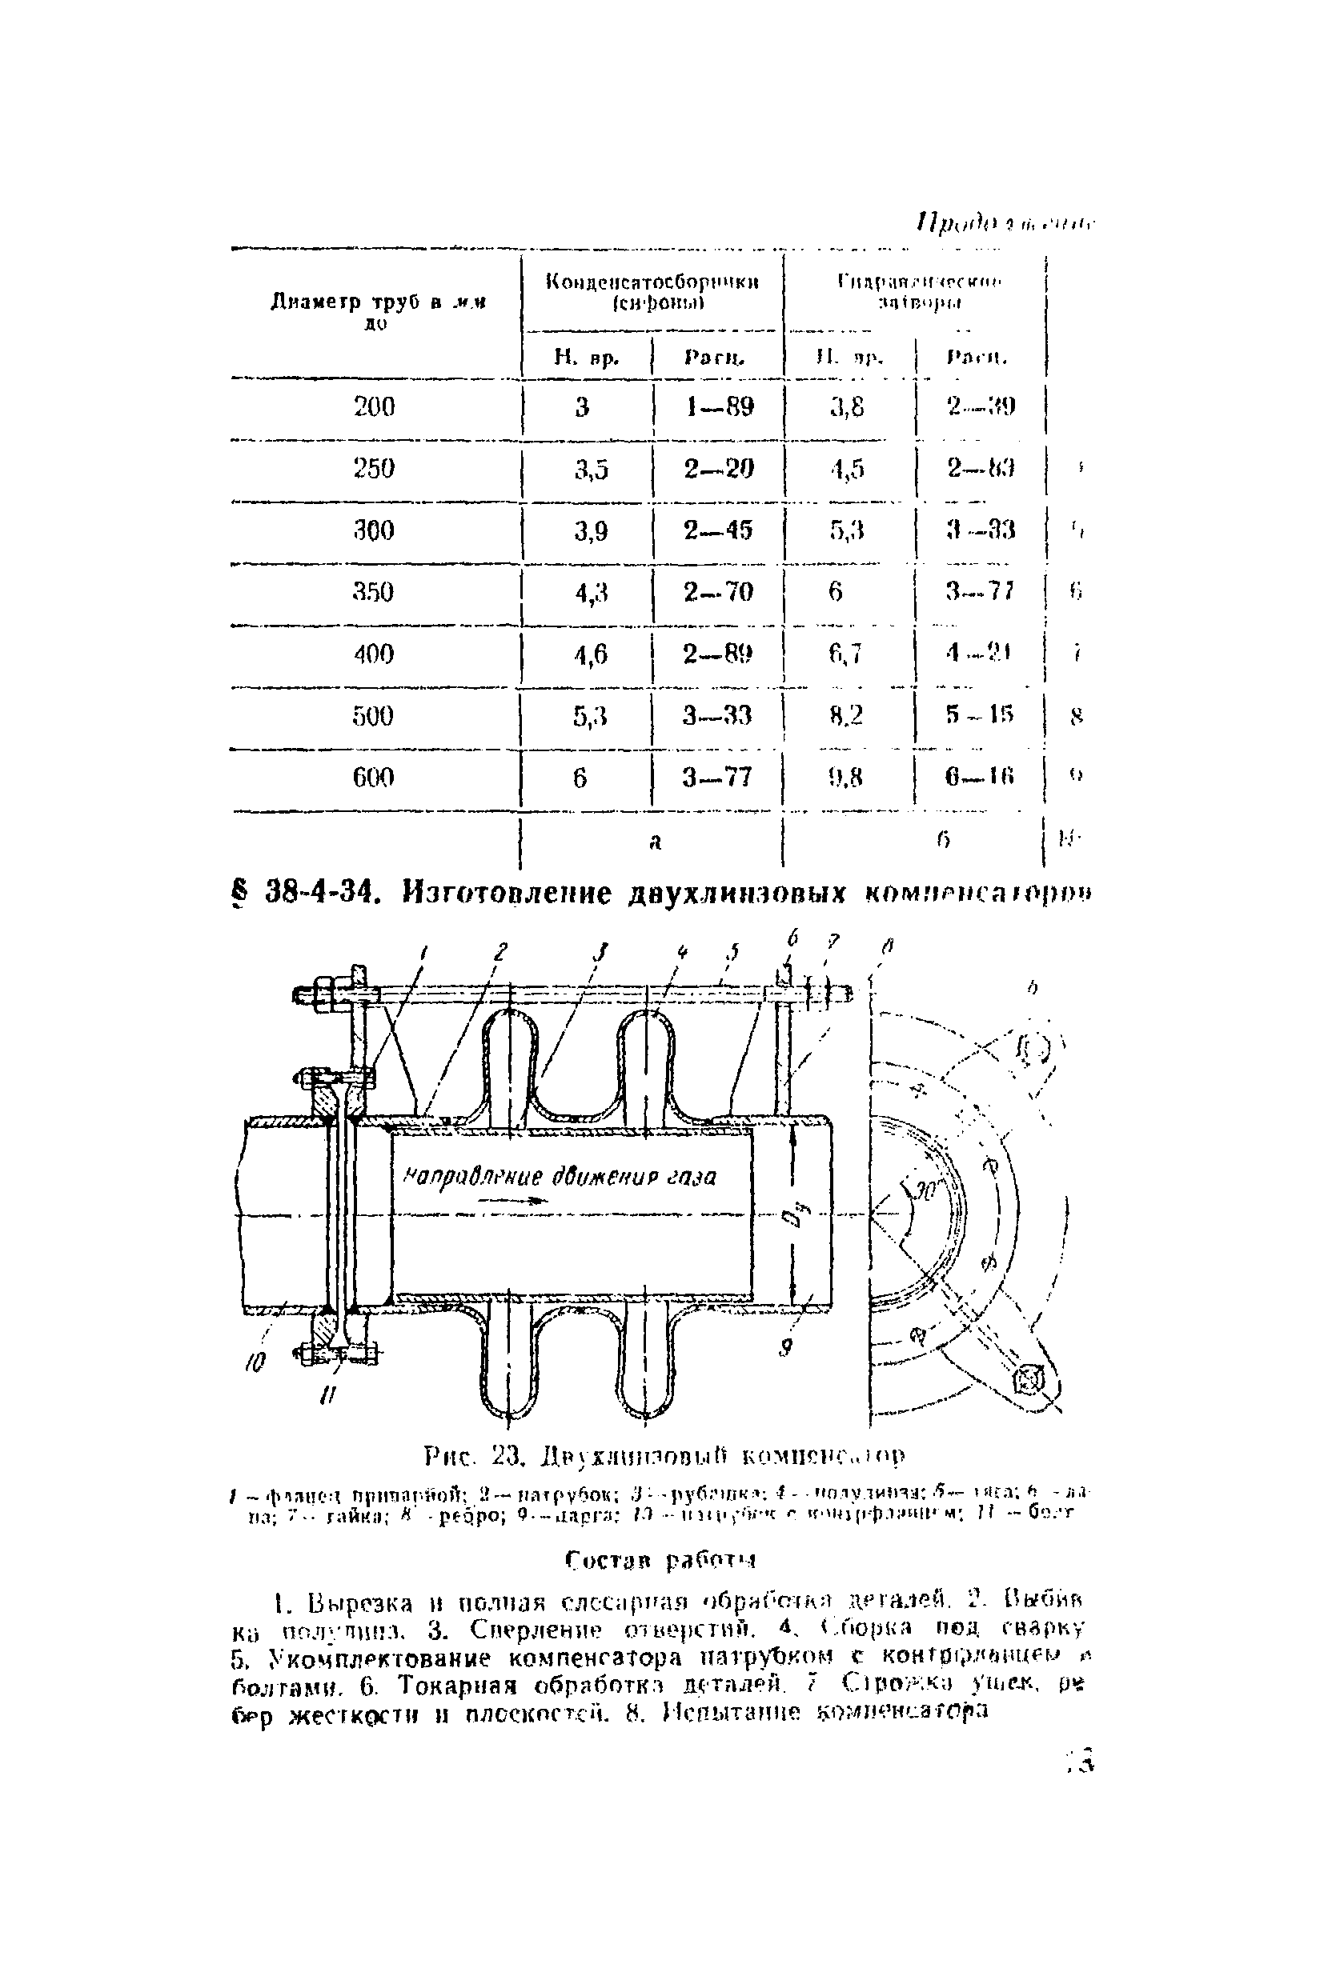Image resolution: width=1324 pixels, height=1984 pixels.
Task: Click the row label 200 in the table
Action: [374, 406]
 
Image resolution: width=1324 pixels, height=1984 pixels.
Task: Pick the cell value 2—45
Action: [718, 530]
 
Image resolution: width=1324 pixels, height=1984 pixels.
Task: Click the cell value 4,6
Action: [591, 654]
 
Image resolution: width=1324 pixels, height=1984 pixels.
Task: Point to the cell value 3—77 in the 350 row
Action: [980, 591]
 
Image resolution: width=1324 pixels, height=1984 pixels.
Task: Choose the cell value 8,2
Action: [845, 716]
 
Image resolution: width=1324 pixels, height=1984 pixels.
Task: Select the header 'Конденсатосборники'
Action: [652, 282]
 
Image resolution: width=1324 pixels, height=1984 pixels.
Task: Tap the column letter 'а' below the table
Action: [656, 841]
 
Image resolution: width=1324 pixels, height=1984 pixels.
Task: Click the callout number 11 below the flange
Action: [327, 1398]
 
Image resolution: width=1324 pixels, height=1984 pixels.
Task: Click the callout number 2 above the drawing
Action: [501, 952]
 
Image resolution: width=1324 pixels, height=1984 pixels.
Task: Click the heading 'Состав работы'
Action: [660, 1558]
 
